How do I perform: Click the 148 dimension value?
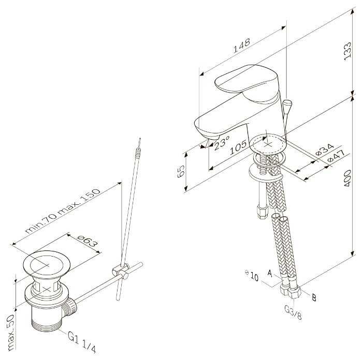[x=241, y=46]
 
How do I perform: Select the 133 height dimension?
[x=347, y=51]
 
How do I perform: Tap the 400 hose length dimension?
[x=347, y=178]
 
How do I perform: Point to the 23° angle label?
[x=222, y=143]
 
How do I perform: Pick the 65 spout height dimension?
[x=181, y=171]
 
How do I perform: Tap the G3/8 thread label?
[x=293, y=312]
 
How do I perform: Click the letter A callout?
[x=270, y=273]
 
